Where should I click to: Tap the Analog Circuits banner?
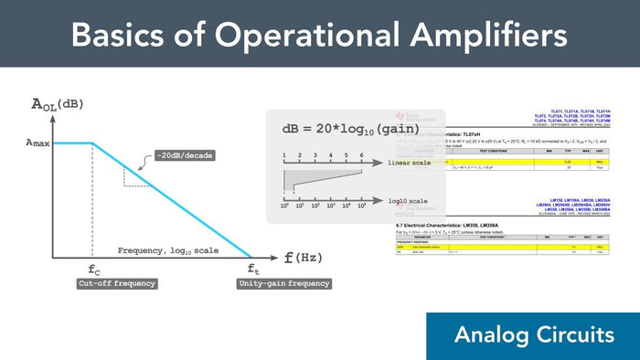click(x=533, y=334)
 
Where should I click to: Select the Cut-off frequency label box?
click(x=116, y=284)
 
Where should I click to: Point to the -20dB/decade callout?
click(x=184, y=155)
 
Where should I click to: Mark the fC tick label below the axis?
click(x=94, y=270)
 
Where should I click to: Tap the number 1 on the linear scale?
click(x=284, y=155)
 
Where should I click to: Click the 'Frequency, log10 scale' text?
click(x=170, y=249)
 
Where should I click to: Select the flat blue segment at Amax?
click(x=73, y=143)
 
